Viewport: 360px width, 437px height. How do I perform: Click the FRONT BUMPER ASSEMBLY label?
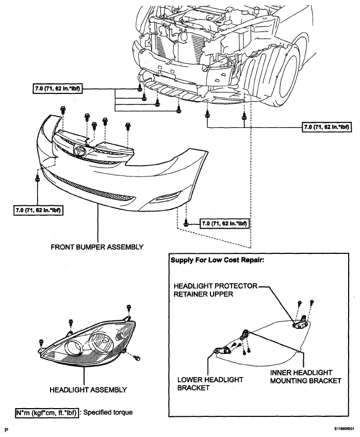(97, 247)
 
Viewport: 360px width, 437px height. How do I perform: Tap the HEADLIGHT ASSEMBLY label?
(88, 390)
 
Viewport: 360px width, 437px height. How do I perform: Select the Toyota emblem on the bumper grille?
(79, 151)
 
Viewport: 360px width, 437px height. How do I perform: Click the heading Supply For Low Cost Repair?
(217, 260)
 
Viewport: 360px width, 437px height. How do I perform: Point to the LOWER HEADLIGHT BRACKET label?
(210, 383)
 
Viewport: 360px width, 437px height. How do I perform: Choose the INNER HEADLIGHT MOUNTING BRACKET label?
(305, 377)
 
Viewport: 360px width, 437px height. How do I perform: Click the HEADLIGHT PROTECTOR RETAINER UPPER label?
(216, 290)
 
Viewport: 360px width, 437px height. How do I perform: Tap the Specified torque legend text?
(108, 412)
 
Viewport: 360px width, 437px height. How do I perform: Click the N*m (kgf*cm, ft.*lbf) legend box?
(46, 412)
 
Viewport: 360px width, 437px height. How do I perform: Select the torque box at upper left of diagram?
(58, 89)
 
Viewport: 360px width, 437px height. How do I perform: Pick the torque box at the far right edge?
(326, 127)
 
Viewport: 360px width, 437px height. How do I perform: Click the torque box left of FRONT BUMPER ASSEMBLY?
(37, 210)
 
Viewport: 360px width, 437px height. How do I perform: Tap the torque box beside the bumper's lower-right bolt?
(224, 223)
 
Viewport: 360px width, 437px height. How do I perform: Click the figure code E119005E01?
(345, 428)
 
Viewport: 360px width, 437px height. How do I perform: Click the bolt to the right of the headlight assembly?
(137, 358)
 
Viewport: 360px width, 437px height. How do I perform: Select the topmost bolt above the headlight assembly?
(128, 307)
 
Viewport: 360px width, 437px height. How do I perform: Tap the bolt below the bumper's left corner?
(37, 178)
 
